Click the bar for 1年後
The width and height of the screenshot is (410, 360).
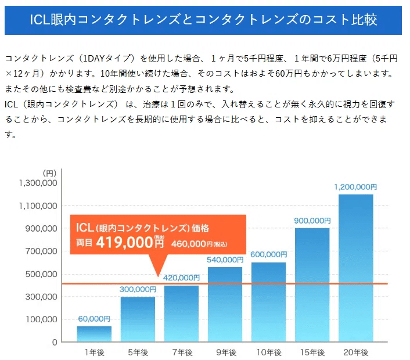tap(94, 334)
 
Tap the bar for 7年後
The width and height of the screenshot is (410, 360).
tap(181, 314)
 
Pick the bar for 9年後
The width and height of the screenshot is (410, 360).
tap(225, 304)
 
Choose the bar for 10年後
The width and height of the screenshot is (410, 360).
tap(268, 302)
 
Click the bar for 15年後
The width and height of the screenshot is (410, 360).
tap(312, 285)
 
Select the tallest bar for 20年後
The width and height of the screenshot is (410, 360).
tap(355, 267)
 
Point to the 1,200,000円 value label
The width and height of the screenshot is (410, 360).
tap(355, 188)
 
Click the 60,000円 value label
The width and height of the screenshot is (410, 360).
tap(94, 319)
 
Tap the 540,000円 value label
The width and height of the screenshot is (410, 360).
tap(225, 260)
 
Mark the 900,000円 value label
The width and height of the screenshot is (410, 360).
tap(312, 221)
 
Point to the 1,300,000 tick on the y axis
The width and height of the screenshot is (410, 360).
tap(38, 183)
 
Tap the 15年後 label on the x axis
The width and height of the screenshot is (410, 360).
tap(312, 352)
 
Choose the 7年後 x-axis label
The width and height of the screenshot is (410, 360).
tap(181, 352)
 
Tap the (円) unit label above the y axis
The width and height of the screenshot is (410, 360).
tap(49, 172)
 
